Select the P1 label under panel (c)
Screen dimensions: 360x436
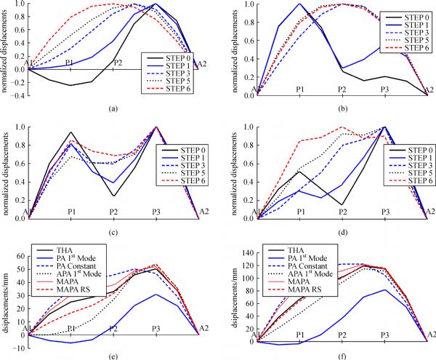(70, 212)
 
